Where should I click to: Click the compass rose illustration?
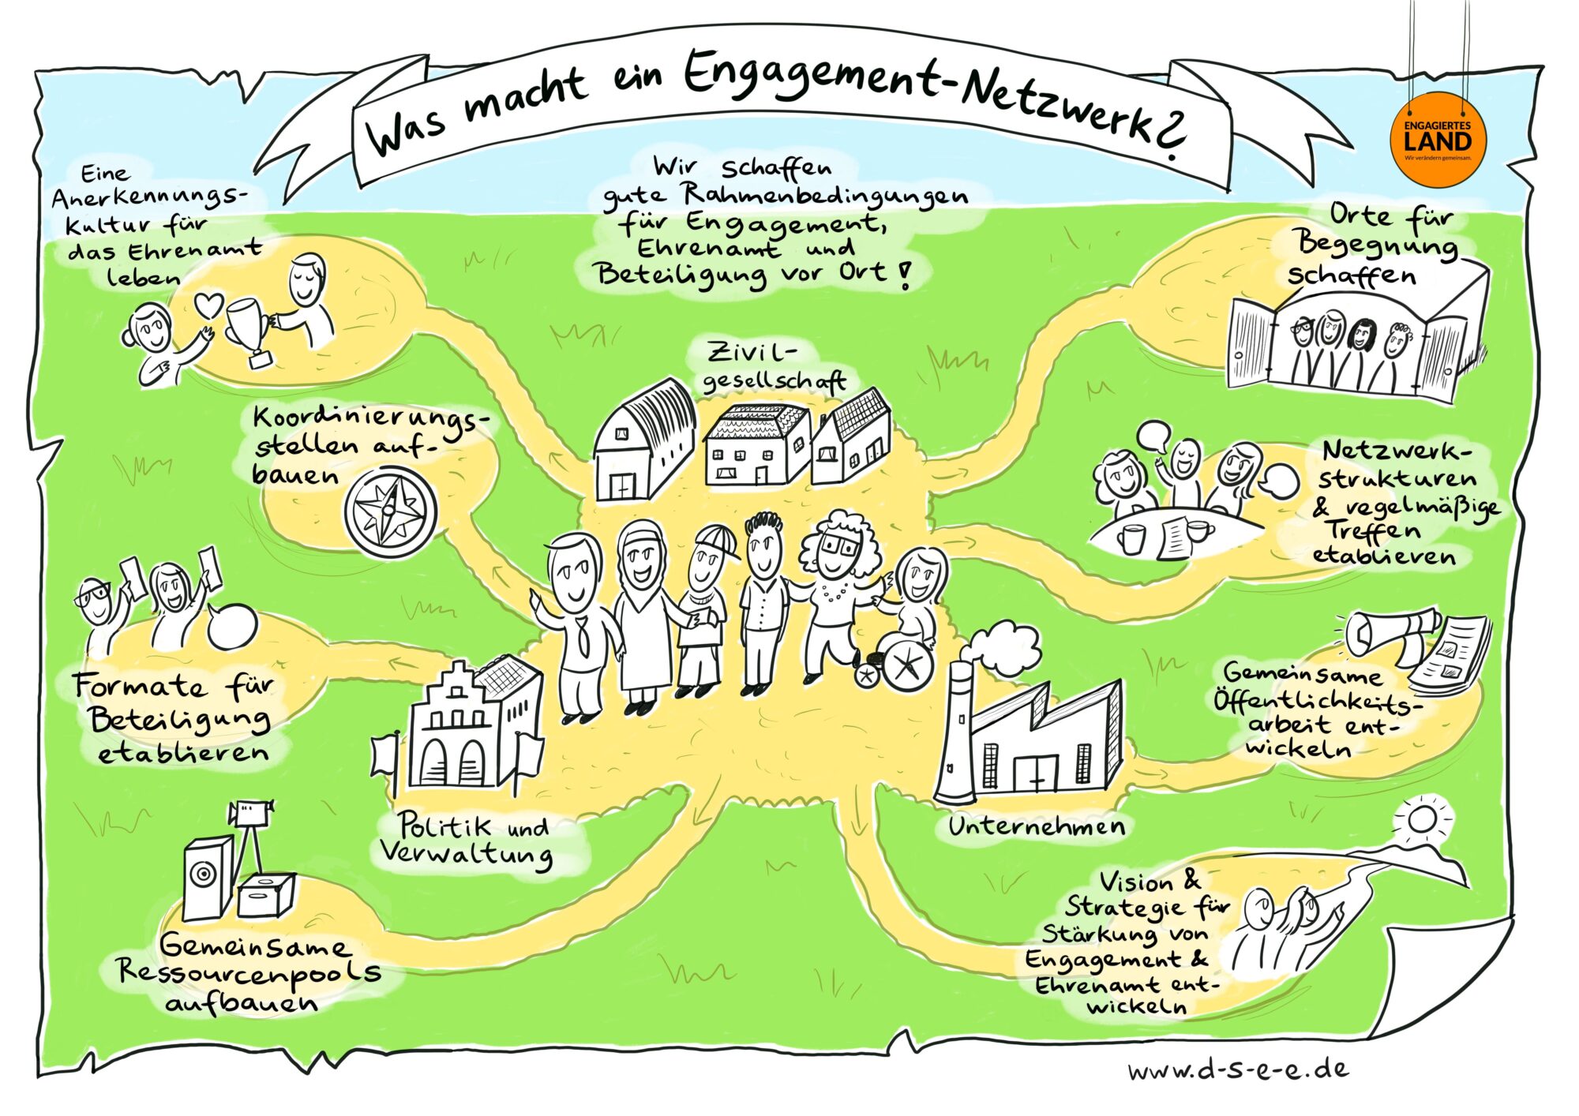pyautogui.click(x=390, y=510)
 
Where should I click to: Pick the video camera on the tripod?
pyautogui.click(x=252, y=812)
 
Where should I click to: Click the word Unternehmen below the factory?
pyautogui.click(x=1036, y=826)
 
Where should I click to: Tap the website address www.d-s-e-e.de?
pyautogui.click(x=1239, y=1070)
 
